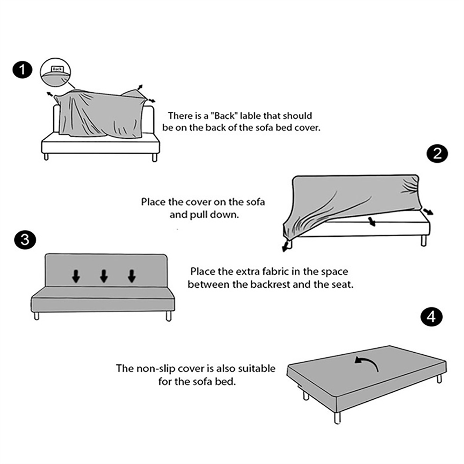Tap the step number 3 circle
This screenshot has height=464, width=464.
(x=25, y=240)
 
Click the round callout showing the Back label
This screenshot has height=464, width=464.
(x=55, y=72)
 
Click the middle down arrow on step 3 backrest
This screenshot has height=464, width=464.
(x=104, y=276)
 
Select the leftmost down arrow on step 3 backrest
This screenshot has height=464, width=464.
(x=76, y=276)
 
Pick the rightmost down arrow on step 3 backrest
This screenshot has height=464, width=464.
(x=132, y=276)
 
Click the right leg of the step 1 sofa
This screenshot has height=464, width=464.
(x=155, y=157)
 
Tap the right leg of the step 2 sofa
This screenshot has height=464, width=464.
(x=424, y=240)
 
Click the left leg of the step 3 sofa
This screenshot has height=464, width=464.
(x=37, y=316)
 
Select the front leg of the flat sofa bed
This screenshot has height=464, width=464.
(x=337, y=418)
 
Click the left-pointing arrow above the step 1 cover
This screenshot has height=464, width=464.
(x=50, y=95)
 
